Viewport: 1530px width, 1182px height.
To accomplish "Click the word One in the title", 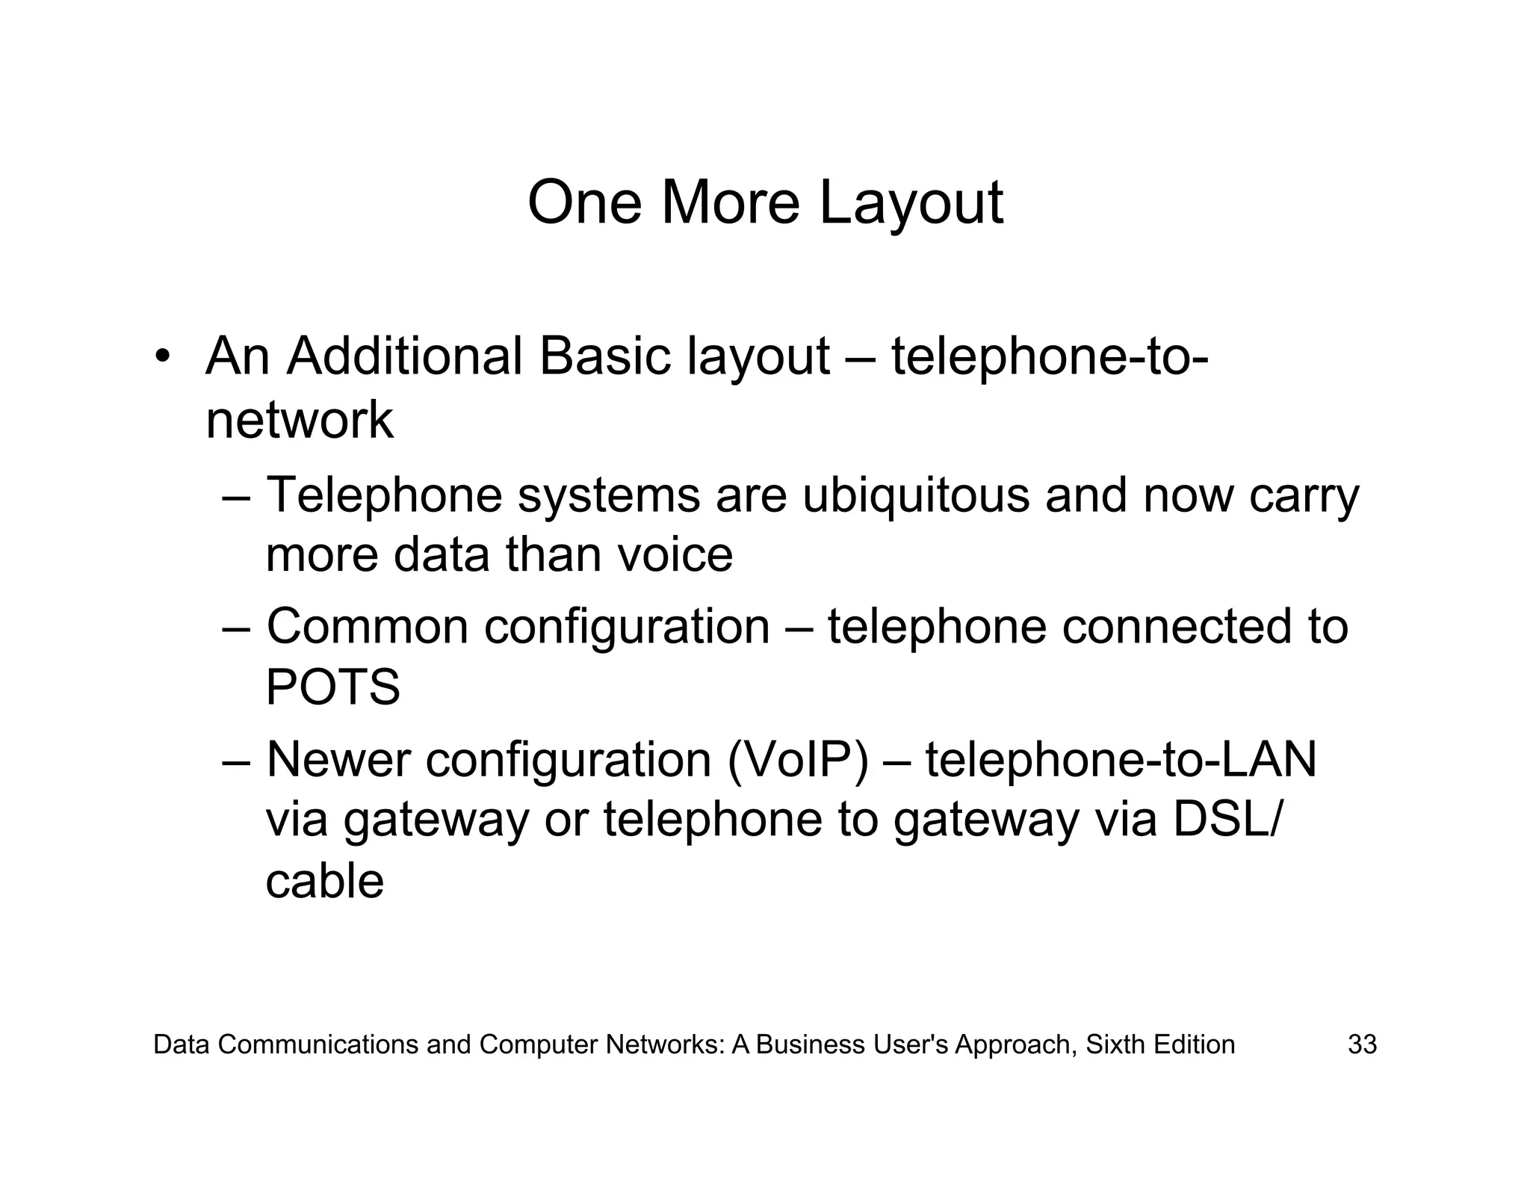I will coord(584,202).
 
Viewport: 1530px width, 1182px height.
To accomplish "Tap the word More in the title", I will coord(730,202).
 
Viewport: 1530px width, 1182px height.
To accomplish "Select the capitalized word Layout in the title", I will coord(911,204).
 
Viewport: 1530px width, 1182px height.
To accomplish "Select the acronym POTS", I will coord(332,687).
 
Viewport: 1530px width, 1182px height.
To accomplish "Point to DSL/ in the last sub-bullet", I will coord(1226,819).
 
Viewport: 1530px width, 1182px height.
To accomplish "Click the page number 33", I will coord(1362,1045).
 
